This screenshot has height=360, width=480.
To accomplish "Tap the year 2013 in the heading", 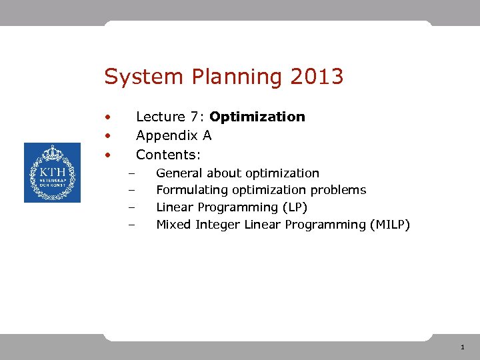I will [317, 77].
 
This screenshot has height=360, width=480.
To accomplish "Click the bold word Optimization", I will [257, 117].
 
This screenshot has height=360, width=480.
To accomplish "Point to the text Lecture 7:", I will [170, 117].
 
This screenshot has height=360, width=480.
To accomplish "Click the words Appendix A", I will [173, 136].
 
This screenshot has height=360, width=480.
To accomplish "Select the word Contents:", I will [168, 155].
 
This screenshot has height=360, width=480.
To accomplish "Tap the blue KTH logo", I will [52, 173].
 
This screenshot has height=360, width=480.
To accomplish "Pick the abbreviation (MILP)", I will [389, 225].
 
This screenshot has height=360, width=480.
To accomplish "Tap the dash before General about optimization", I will [132, 174].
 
